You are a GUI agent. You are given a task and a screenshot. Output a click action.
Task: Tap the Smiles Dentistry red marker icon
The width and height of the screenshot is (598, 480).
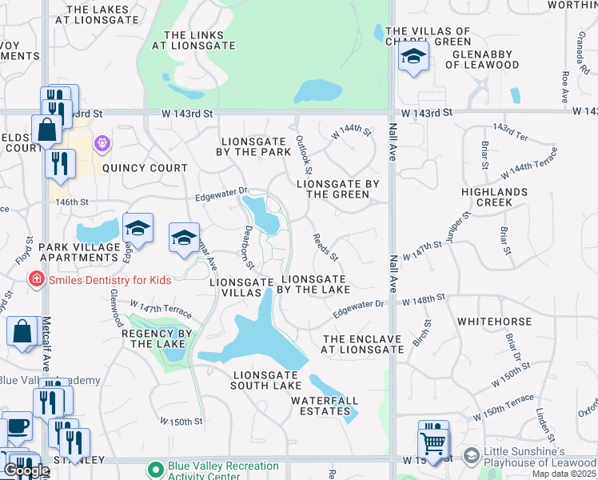36,280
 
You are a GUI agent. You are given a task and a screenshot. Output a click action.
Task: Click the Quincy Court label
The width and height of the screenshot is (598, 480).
145,168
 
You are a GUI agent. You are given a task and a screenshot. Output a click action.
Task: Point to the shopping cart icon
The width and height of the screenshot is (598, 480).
433,442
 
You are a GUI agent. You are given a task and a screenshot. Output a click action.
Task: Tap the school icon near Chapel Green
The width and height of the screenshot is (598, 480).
413,57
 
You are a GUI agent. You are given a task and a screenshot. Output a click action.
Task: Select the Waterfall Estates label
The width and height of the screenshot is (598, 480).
325,400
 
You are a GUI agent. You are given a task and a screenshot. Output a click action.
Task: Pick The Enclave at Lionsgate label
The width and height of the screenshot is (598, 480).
363,344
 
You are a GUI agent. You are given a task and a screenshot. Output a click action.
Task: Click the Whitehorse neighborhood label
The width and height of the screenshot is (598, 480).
494,322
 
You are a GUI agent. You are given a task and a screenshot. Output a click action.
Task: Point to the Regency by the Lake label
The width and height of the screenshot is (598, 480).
156,338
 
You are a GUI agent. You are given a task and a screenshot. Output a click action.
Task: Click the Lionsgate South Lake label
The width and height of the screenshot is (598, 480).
268,380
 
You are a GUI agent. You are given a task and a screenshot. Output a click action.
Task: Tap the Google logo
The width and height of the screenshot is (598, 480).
26,470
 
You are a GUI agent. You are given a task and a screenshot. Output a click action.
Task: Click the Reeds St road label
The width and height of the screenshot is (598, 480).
326,246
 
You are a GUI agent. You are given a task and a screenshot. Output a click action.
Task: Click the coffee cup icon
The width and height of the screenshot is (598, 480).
18,426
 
